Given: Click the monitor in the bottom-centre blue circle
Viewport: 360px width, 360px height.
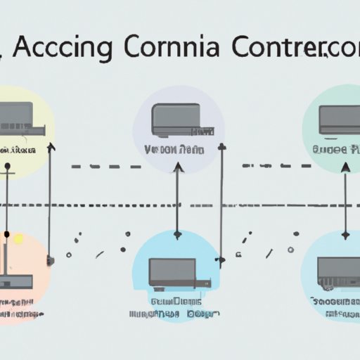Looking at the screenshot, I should [172, 270].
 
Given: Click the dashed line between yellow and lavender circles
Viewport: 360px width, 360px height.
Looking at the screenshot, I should [105, 167].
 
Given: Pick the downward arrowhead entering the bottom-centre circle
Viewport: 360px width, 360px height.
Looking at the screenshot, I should [177, 234].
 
